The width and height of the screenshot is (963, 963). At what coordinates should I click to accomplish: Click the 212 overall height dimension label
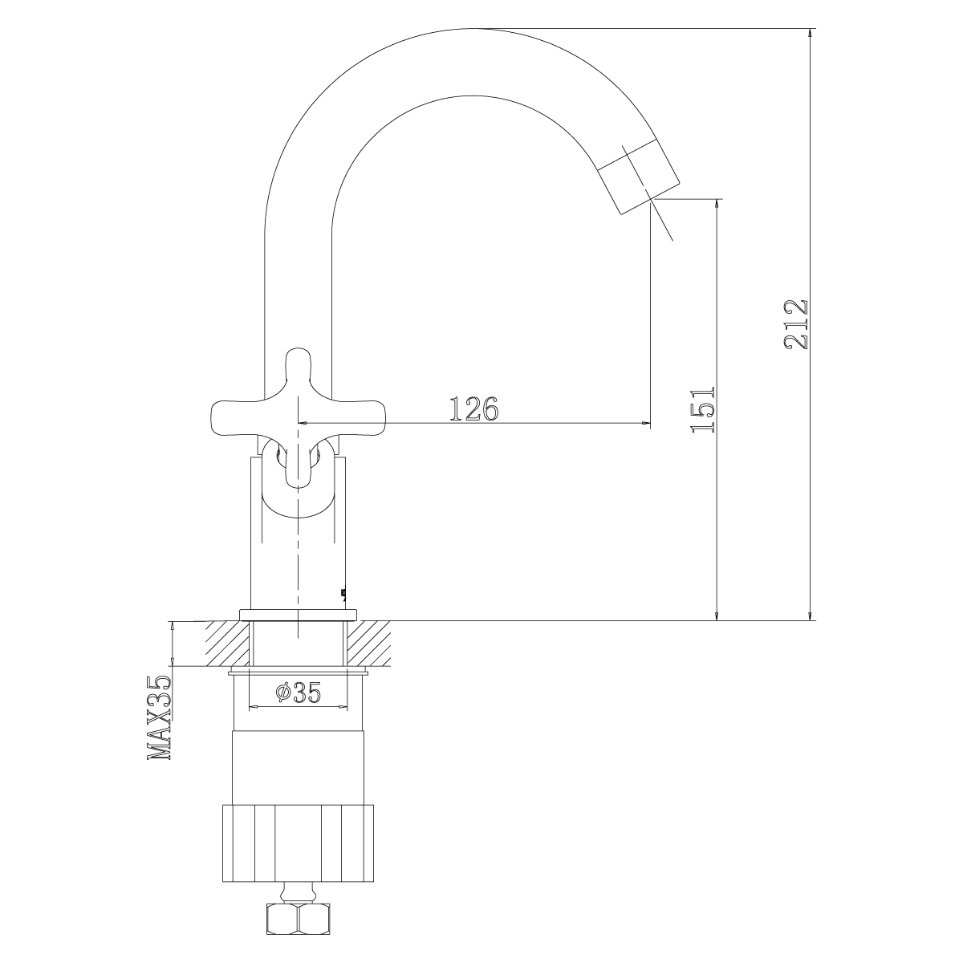coord(796,324)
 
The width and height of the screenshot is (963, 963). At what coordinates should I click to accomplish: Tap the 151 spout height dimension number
coord(704,408)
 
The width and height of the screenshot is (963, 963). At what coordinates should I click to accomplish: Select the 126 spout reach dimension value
coord(474,408)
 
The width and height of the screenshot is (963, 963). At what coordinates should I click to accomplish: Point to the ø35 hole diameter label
coord(299,692)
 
